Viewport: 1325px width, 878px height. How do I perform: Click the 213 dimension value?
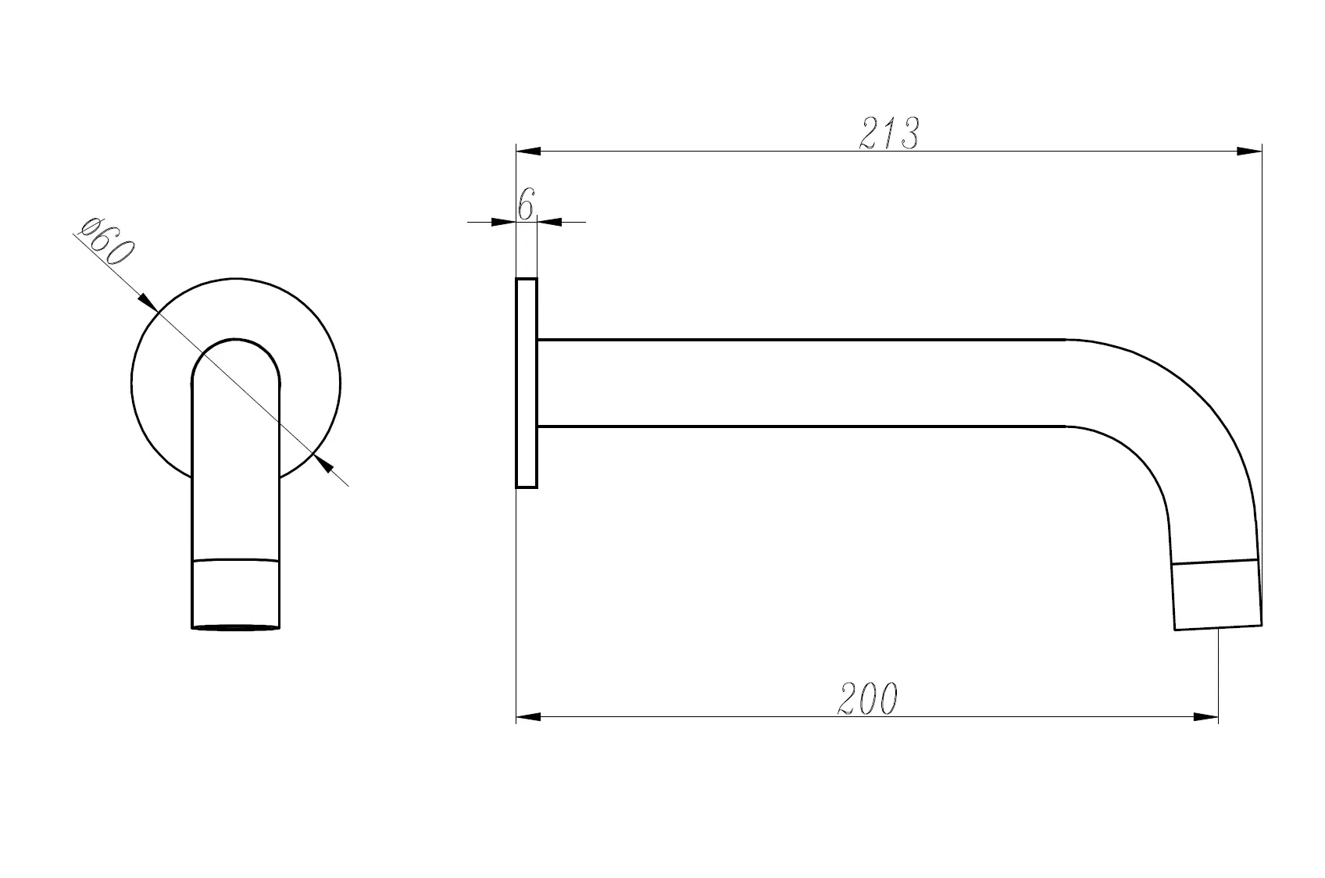(x=889, y=133)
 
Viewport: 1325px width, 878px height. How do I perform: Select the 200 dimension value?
(x=867, y=699)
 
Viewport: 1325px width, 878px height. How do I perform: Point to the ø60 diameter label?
(x=106, y=242)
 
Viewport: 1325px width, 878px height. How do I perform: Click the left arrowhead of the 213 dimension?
(x=528, y=152)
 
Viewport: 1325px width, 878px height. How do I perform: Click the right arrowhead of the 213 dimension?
(x=1249, y=152)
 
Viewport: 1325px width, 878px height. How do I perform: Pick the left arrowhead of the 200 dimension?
(x=528, y=717)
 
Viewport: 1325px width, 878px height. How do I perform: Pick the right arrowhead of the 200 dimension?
(x=1206, y=717)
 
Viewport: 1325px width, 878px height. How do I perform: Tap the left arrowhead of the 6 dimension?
(x=503, y=223)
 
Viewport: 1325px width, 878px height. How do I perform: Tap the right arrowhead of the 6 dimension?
(x=549, y=223)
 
